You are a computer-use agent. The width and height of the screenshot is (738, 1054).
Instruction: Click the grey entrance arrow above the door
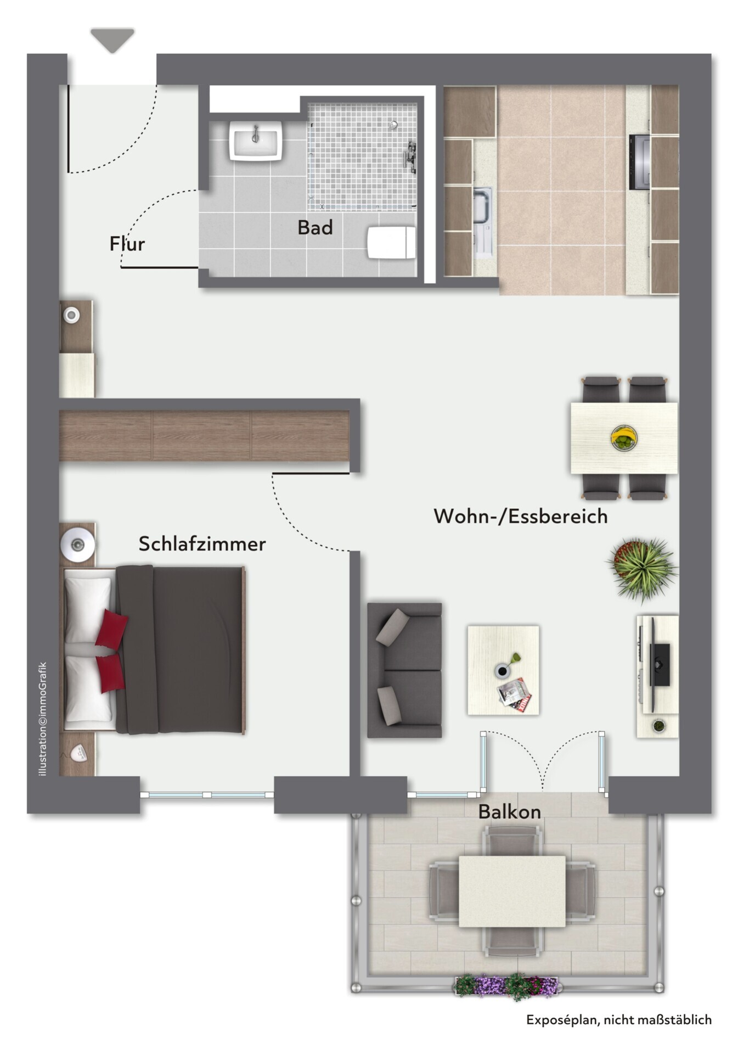click(112, 40)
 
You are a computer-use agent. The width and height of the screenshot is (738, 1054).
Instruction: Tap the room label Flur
click(127, 244)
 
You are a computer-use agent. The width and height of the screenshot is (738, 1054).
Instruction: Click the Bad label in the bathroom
click(315, 227)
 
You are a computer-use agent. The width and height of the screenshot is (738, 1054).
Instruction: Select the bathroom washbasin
click(256, 141)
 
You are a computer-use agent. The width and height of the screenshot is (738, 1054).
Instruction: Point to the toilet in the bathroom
click(391, 242)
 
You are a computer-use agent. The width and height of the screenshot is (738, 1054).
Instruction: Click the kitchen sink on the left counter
click(483, 222)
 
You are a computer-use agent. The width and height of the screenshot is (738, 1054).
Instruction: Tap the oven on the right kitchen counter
click(640, 162)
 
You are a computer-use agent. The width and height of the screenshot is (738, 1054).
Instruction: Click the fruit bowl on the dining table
click(624, 438)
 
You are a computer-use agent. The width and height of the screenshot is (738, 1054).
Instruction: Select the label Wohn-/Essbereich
click(520, 517)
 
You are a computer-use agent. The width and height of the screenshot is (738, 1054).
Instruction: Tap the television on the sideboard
click(660, 665)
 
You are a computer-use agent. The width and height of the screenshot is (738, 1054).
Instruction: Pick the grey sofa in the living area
click(404, 670)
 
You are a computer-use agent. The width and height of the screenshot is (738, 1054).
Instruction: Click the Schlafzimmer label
click(202, 544)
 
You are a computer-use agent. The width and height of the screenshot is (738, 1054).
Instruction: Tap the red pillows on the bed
click(111, 651)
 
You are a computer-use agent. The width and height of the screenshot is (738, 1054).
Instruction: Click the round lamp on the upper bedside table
click(77, 545)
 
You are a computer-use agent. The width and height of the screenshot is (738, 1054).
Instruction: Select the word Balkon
click(509, 811)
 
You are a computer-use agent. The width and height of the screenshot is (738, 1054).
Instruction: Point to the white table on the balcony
click(512, 891)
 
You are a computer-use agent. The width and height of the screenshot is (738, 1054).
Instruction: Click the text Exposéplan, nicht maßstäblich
click(619, 1020)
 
